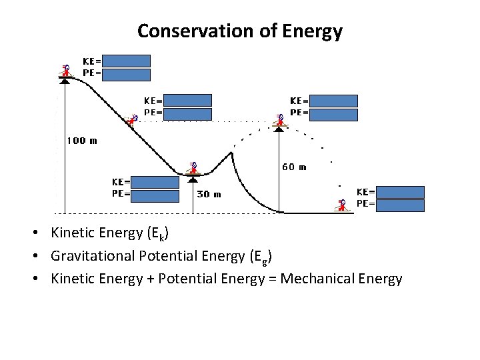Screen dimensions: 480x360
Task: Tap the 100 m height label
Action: pos(81,141)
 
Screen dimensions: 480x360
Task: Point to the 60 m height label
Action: pos(293,167)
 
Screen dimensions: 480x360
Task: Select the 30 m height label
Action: pos(209,195)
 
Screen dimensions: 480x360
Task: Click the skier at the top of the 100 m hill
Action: pos(65,71)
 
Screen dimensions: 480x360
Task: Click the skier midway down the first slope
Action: pos(133,119)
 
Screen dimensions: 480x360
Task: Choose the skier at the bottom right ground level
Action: pos(342,205)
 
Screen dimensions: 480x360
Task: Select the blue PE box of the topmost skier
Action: pos(127,75)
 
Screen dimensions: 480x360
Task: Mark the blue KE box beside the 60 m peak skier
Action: pos(334,101)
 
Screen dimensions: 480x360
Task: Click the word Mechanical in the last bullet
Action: pos(315,279)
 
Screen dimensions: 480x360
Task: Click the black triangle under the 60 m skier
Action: pos(279,129)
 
